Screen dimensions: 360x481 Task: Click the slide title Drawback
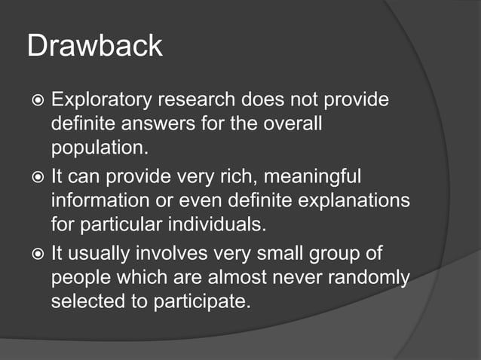click(x=94, y=46)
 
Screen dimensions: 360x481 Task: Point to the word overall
click(x=290, y=123)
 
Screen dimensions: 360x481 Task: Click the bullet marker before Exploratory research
click(x=36, y=100)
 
